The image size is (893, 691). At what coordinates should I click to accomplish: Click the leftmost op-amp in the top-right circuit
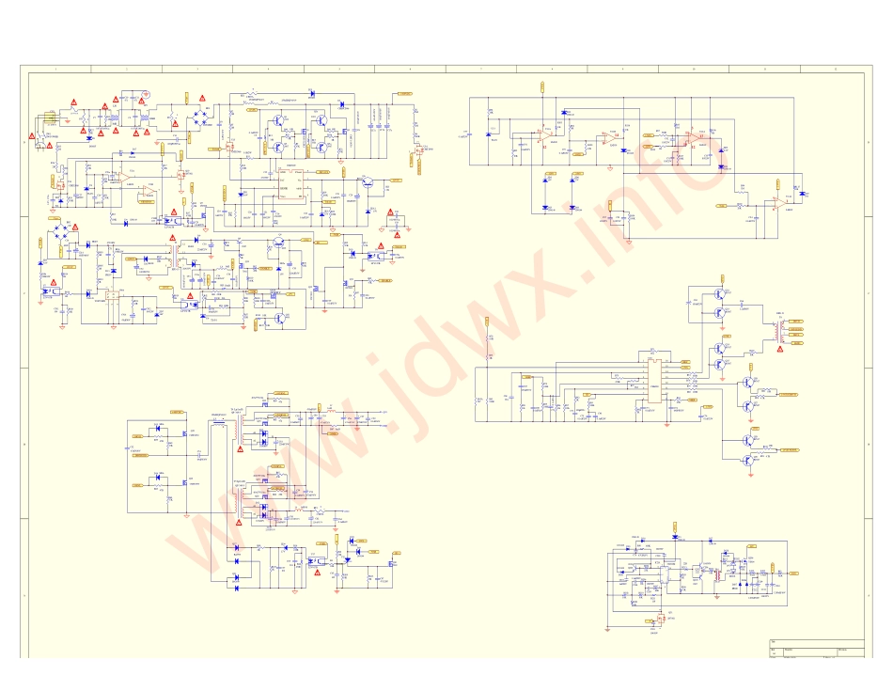click(544, 135)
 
